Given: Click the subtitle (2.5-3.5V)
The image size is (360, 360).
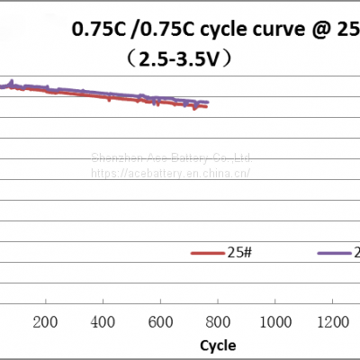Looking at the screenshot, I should (x=181, y=59).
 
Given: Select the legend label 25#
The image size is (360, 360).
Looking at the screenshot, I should (x=238, y=252).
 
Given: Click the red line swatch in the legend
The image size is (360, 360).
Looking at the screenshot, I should (x=206, y=253).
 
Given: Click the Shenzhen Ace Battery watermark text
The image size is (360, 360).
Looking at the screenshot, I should (x=171, y=157).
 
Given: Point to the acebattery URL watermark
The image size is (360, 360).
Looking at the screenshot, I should (x=171, y=172).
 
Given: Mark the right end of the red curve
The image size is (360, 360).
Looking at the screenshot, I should (x=207, y=107).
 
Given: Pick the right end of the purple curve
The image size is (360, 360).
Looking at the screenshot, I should (x=208, y=102).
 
